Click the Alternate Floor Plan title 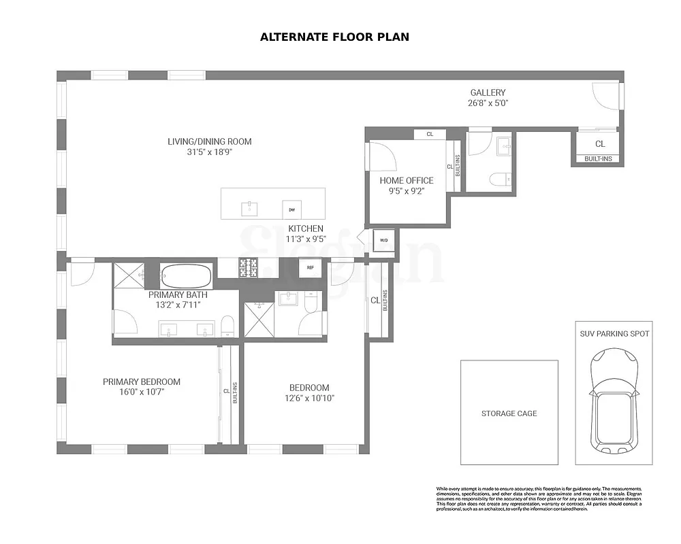[334, 37]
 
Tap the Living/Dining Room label [210, 141]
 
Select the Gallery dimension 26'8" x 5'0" [488, 103]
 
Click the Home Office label [407, 180]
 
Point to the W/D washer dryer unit [383, 241]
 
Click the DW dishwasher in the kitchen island [291, 209]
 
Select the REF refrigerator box [310, 267]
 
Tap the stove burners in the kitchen [247, 268]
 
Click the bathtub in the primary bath [186, 276]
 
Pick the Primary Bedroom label [142, 381]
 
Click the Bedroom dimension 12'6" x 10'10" [309, 398]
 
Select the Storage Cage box [509, 413]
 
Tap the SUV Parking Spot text [614, 334]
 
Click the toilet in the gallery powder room [499, 179]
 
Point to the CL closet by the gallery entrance [599, 144]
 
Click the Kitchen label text [306, 228]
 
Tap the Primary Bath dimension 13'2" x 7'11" [178, 305]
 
